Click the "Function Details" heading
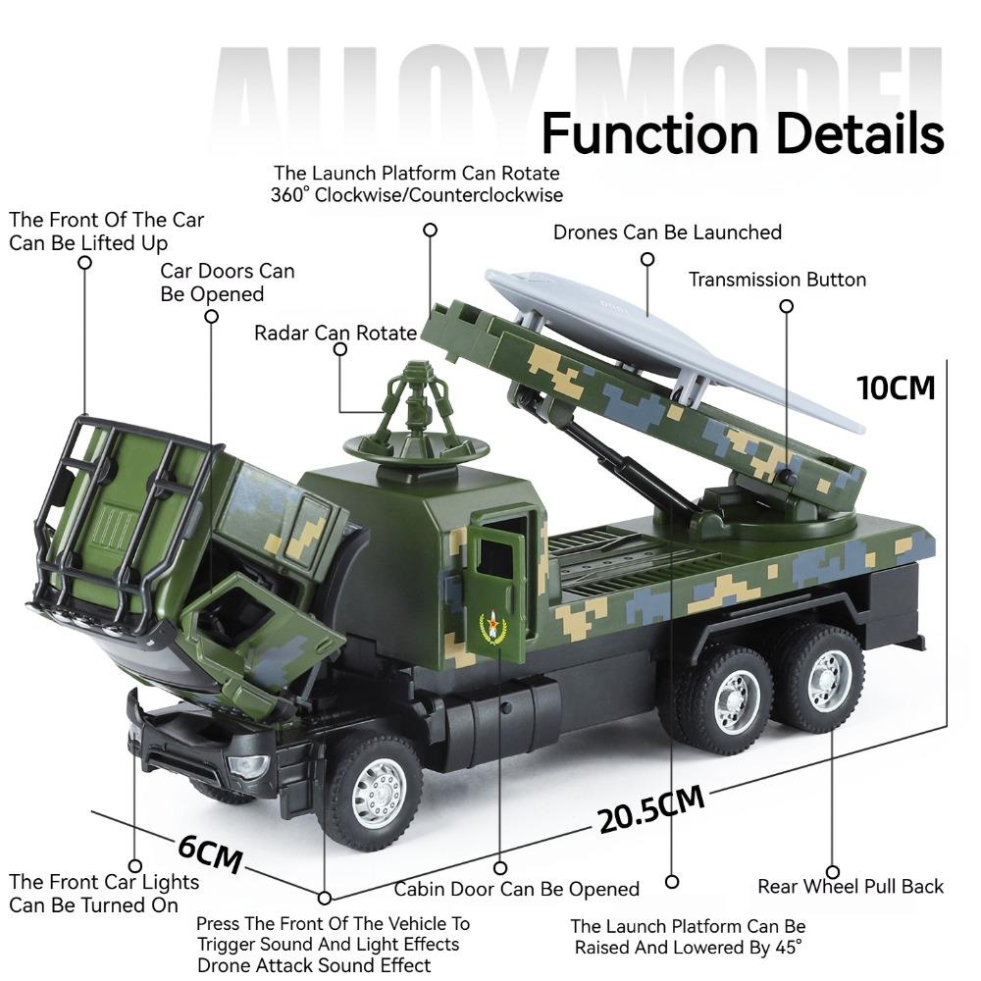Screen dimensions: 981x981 tap(742, 133)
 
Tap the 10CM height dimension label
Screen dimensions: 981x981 tap(896, 387)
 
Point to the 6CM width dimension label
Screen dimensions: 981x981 tap(210, 852)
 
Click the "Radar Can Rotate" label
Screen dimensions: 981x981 tap(336, 333)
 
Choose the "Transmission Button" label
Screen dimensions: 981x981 tap(777, 280)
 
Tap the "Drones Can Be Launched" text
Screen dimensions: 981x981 tap(667, 232)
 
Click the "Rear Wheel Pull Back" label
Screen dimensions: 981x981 tap(850, 887)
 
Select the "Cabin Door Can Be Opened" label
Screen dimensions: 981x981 tap(516, 890)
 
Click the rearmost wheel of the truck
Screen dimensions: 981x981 tap(822, 679)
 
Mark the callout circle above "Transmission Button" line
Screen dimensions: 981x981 tap(786, 306)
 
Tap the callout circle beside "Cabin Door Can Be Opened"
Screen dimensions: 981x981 tap(500, 868)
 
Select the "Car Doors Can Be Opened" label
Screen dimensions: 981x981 tap(227, 283)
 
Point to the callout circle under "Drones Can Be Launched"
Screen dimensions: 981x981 tap(647, 259)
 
